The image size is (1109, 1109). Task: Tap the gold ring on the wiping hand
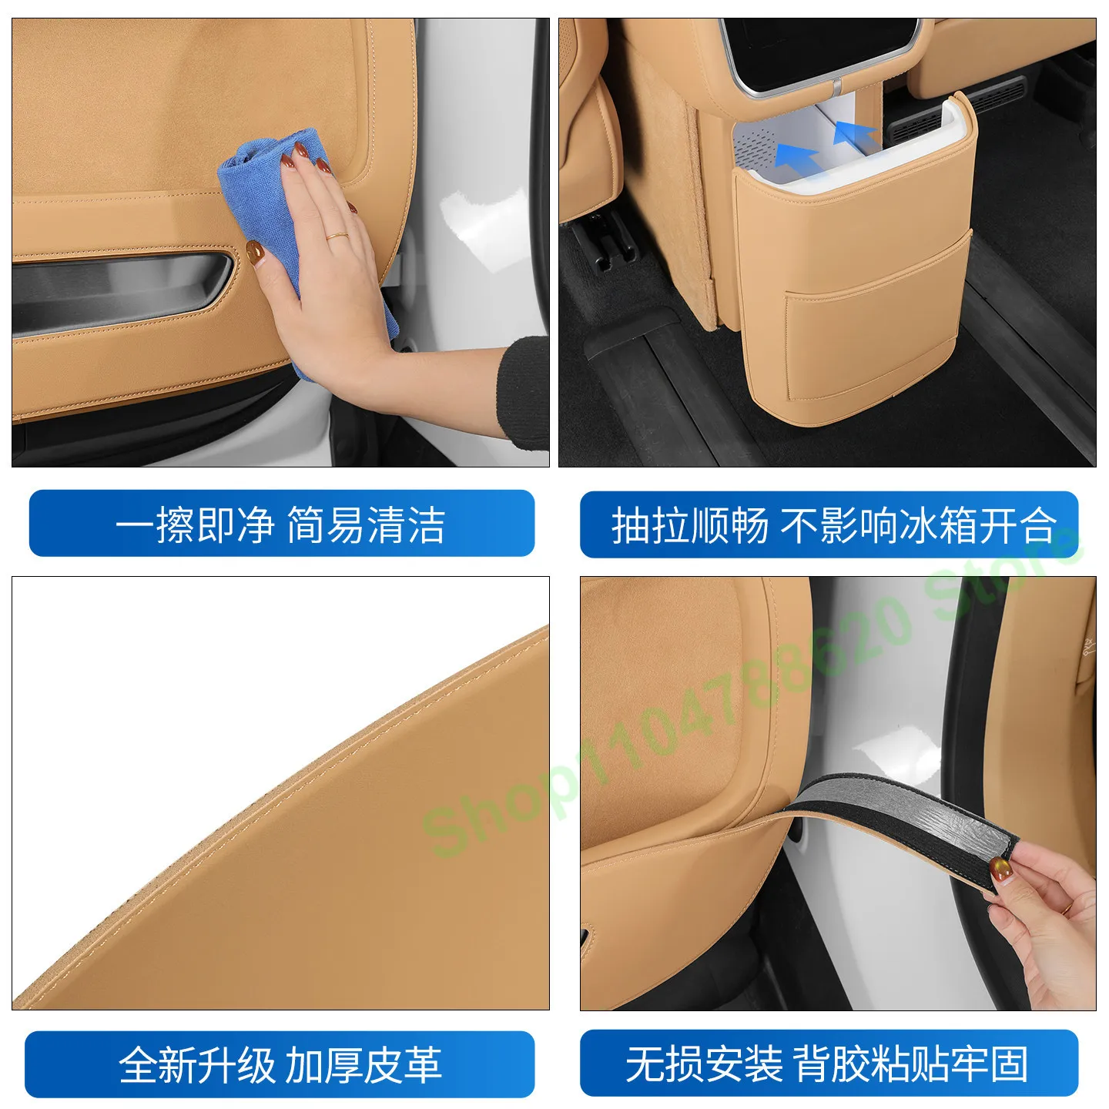(x=337, y=236)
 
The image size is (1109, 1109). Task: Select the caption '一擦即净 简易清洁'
(x=280, y=524)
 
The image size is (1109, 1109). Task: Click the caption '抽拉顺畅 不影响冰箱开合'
(x=834, y=525)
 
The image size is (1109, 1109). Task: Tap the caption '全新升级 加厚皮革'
(x=280, y=1065)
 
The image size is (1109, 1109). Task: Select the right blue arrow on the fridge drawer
(x=857, y=136)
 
